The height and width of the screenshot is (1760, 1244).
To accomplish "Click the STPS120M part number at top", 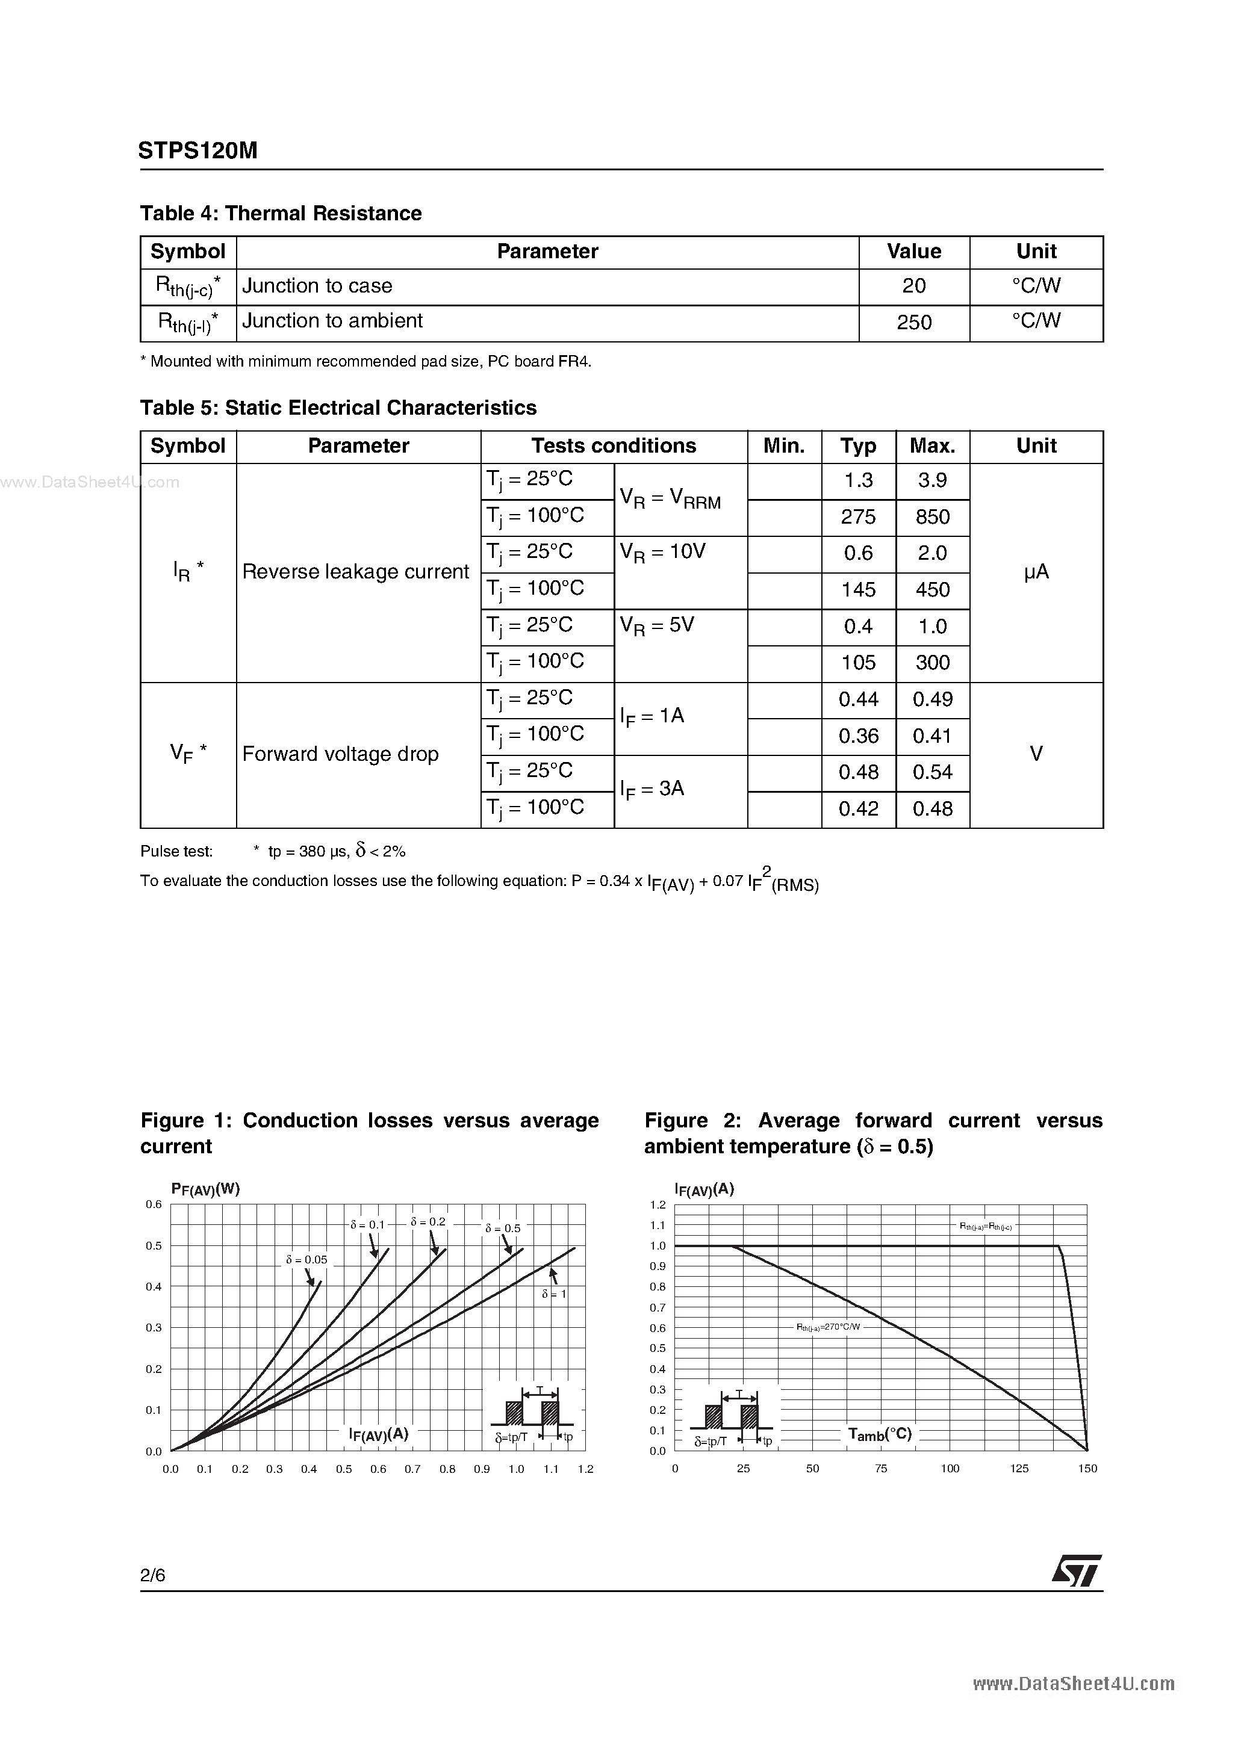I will tap(198, 151).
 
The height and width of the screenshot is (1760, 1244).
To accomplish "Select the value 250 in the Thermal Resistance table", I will tap(913, 322).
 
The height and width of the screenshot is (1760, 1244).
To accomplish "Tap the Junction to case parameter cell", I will tap(317, 286).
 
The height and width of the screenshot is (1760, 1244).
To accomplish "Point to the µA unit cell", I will tap(1036, 572).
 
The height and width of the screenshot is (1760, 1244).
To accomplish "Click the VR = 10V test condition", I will tap(663, 553).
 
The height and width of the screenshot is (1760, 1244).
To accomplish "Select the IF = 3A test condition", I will tap(652, 790).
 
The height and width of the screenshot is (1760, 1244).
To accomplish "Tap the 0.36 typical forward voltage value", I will tap(857, 736).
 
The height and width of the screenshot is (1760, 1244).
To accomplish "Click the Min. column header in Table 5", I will tap(784, 446).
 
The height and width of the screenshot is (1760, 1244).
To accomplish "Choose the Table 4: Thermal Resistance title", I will tap(281, 213).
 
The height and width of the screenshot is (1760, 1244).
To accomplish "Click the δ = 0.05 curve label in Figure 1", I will tap(306, 1259).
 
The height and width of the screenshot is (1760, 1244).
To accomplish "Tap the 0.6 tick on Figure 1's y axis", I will tap(154, 1204).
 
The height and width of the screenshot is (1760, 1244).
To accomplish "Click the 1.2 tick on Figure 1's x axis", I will tap(585, 1469).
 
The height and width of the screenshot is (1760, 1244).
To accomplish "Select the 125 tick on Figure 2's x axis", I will tap(1019, 1469).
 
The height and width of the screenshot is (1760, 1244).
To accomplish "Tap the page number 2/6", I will tap(152, 1575).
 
